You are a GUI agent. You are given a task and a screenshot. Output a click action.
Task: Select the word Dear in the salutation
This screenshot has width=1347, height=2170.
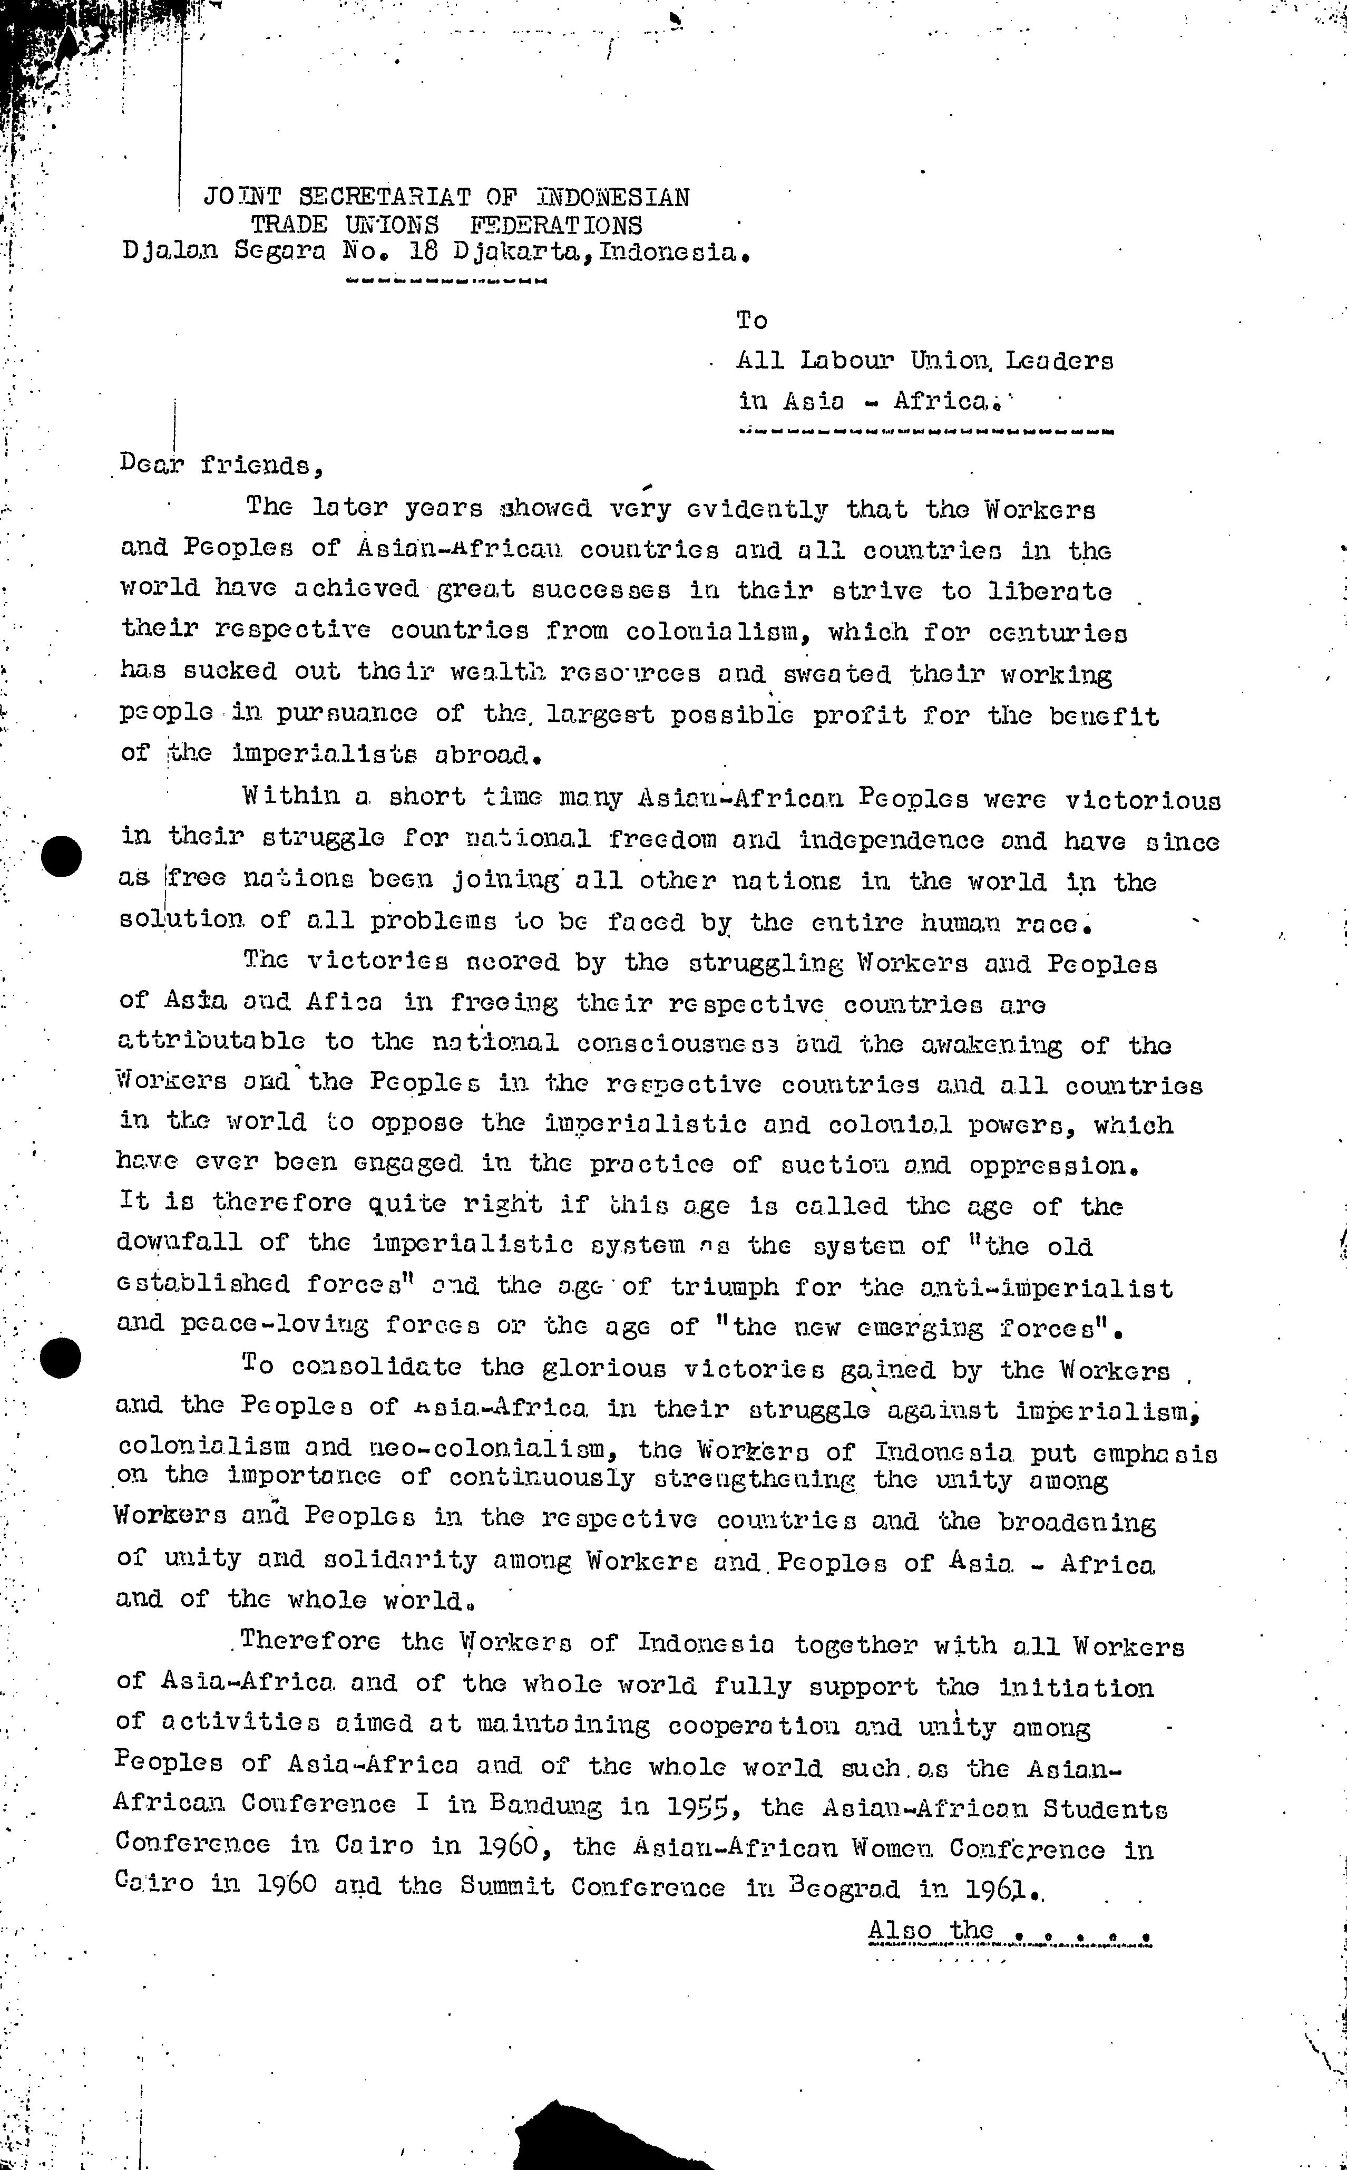tap(151, 465)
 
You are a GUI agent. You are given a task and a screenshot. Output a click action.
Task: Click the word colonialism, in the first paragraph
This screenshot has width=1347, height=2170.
tap(719, 632)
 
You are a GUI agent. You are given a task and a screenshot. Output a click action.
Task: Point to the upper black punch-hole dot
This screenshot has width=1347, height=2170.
tap(62, 856)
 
